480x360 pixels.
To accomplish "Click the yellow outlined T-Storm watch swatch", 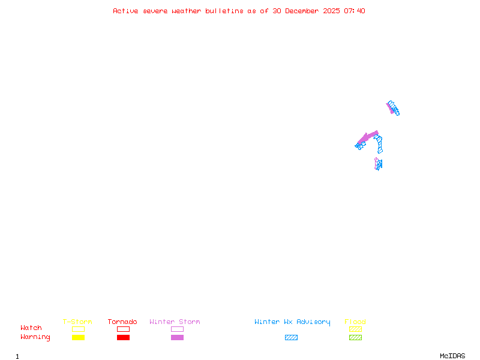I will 78,329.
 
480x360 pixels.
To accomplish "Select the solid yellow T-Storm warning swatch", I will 78,337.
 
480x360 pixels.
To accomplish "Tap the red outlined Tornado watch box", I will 123,329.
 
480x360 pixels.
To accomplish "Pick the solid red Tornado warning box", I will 123,337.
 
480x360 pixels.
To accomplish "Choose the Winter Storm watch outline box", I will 177,329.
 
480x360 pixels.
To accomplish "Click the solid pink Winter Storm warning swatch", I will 177,337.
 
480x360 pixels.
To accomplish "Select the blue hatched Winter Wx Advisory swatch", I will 291,337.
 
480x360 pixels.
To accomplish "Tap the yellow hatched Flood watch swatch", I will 355,329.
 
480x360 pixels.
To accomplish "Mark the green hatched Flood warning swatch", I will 355,337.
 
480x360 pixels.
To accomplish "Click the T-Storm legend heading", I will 77,322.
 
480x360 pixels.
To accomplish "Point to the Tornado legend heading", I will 122,322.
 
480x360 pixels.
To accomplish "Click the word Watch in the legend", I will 31,328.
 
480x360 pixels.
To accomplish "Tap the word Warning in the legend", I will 35,337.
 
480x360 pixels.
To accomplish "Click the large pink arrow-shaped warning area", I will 367,137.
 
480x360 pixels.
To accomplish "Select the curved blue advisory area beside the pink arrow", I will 379,144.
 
